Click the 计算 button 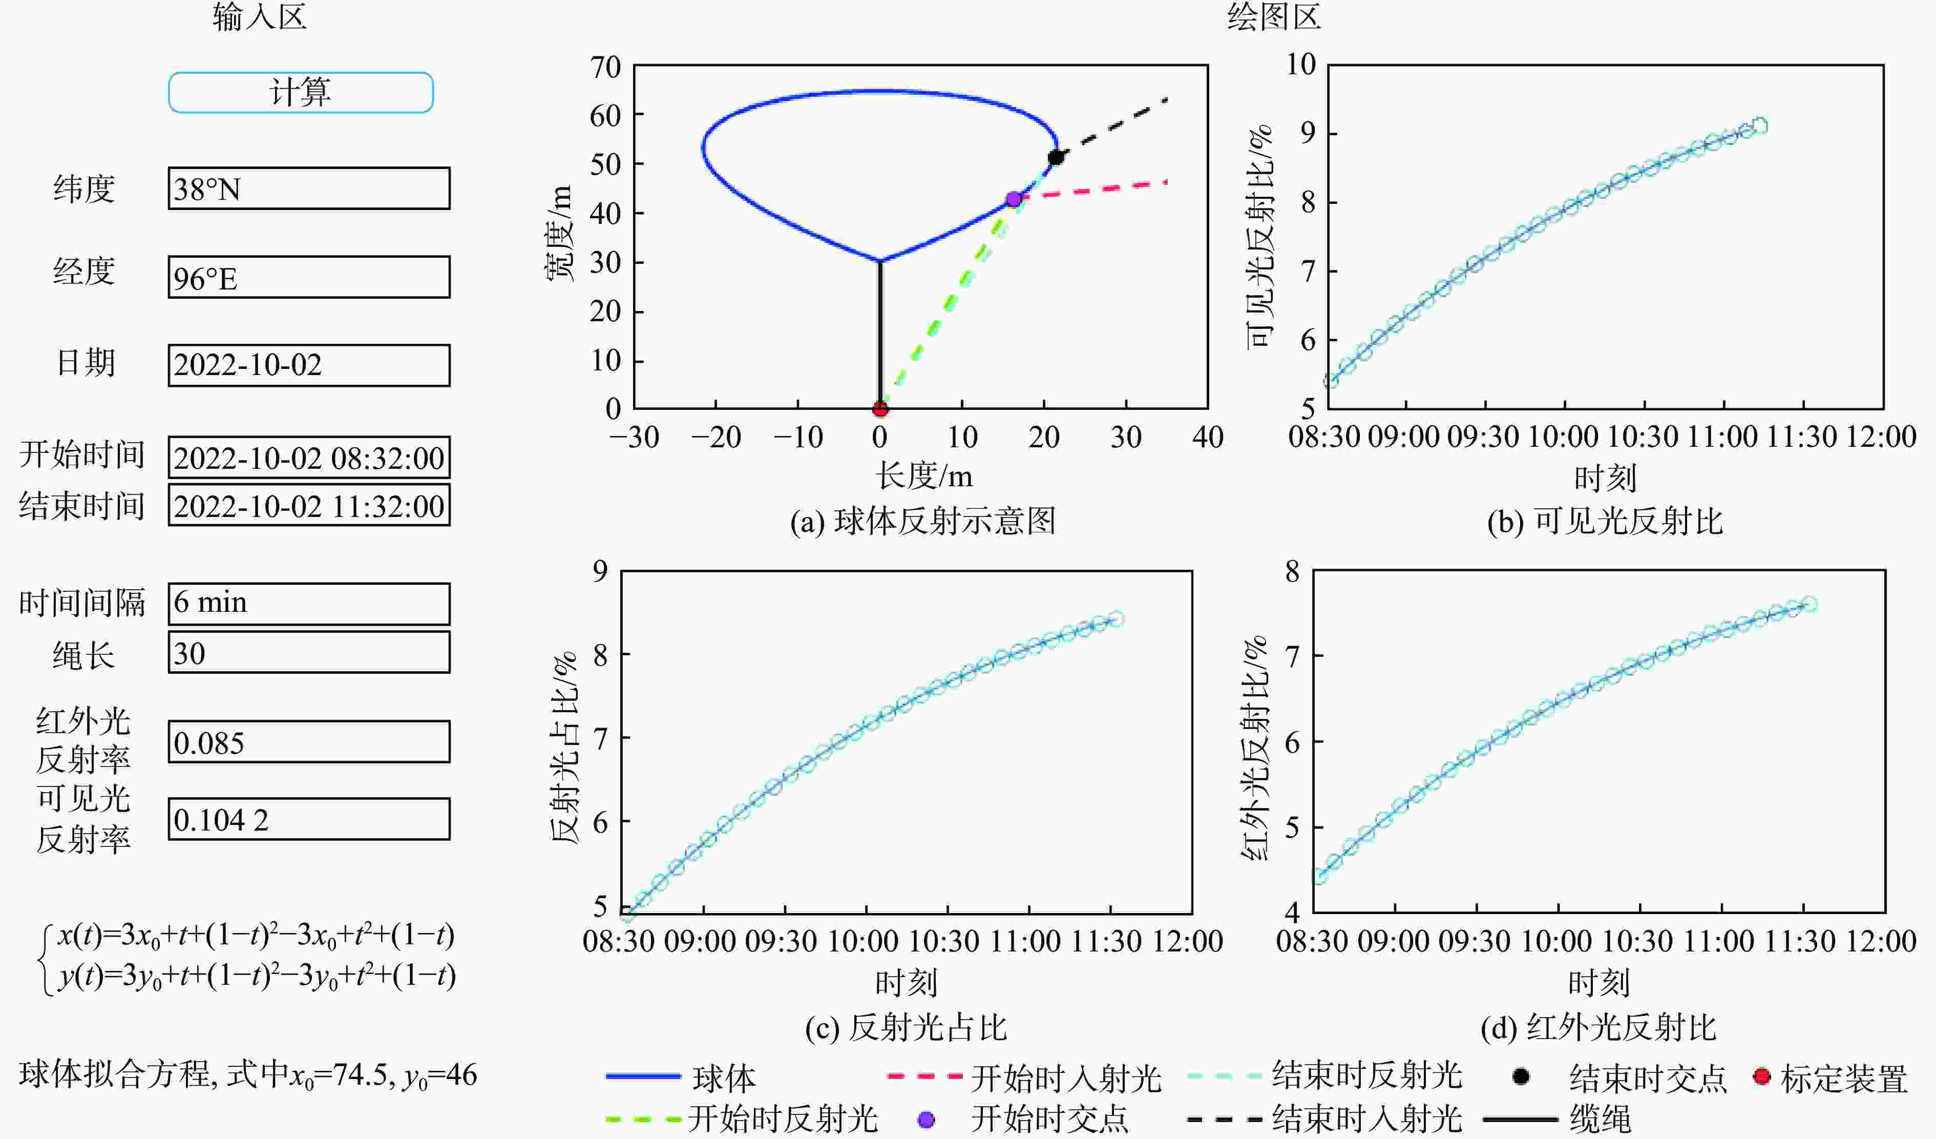point(300,92)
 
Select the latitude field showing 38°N point(309,189)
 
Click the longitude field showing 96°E point(309,278)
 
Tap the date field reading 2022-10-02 point(309,365)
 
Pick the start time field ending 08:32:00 point(309,458)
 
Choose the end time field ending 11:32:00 point(309,506)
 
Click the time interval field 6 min point(309,604)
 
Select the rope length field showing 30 point(309,653)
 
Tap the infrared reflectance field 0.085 point(309,742)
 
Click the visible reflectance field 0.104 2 point(309,819)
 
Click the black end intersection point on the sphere point(1056,158)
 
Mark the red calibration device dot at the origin point(880,408)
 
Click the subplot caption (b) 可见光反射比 point(1605,522)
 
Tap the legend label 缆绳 point(1600,1119)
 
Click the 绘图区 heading point(1274,17)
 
